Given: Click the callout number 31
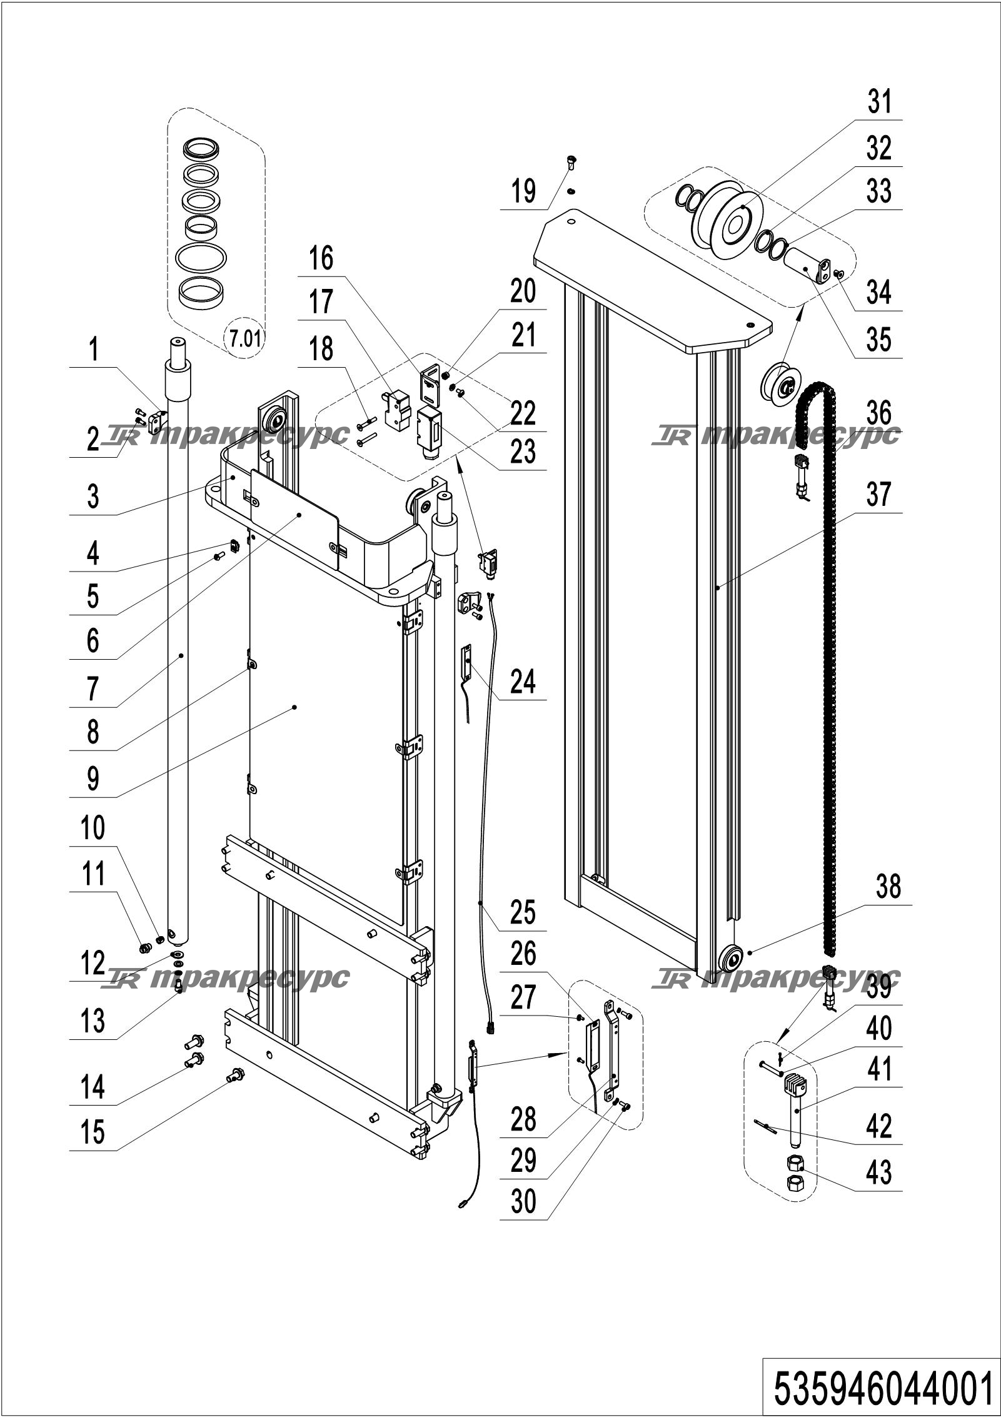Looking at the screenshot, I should click(x=879, y=102).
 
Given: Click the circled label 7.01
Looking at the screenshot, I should click(x=244, y=340).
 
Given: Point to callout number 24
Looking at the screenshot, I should click(x=523, y=681).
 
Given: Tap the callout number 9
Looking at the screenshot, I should click(x=93, y=779).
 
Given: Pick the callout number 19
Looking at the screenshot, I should click(x=523, y=191).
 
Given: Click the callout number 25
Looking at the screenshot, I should click(x=523, y=912).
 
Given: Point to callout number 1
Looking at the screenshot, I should click(x=93, y=350).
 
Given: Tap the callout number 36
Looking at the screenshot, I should click(x=879, y=413).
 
